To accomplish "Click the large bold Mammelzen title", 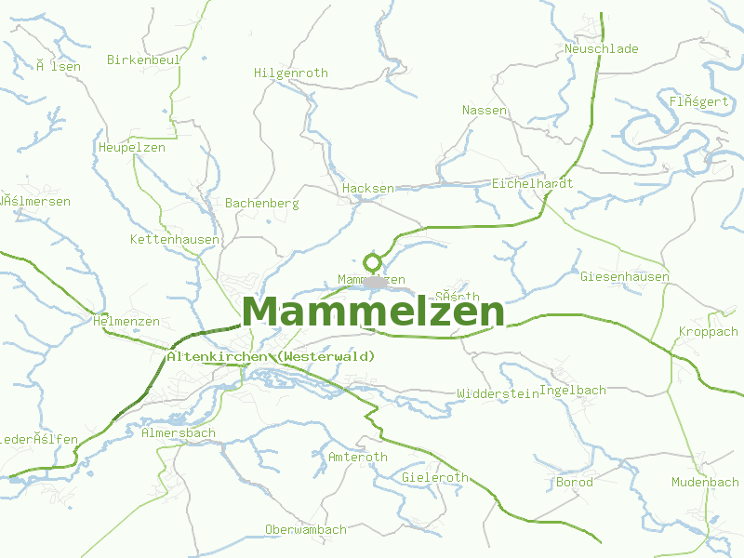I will [x=373, y=312].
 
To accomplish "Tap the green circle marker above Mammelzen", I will [x=373, y=261].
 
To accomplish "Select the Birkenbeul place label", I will [x=143, y=60].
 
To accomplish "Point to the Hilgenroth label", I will [x=291, y=73].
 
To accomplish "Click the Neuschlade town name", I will [x=602, y=48].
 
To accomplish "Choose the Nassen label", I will [x=485, y=110].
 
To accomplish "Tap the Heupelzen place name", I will [x=131, y=147].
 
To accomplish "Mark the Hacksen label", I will [x=368, y=188].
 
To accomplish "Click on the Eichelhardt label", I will [x=532, y=183].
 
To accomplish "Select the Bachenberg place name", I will [x=262, y=203].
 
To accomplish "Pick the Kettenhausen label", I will [x=175, y=240].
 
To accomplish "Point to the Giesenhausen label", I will [x=624, y=276].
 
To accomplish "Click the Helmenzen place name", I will [x=126, y=321].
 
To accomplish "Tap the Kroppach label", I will [x=708, y=331].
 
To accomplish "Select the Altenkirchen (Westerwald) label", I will [x=271, y=356].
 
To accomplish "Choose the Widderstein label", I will [x=498, y=393].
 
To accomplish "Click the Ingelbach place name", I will [x=573, y=390].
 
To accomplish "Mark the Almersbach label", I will [x=178, y=432].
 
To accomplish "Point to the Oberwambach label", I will [x=305, y=529].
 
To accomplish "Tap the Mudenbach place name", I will [x=705, y=482].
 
